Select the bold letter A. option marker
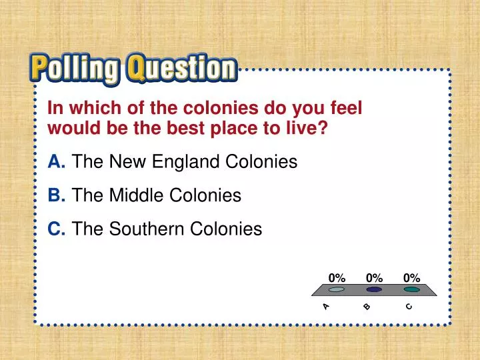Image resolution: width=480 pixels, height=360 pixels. click(56, 162)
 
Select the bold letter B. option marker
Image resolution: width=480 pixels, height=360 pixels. click(56, 196)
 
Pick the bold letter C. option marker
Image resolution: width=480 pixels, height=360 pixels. click(56, 229)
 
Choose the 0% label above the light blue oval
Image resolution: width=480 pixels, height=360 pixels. click(337, 277)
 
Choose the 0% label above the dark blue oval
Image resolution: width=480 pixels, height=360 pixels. click(374, 277)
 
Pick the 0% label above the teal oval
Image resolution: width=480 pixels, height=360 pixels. click(411, 277)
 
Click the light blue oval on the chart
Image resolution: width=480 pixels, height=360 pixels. click(337, 290)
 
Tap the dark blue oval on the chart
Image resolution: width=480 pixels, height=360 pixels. click(374, 290)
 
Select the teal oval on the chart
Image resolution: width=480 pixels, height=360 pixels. click(411, 290)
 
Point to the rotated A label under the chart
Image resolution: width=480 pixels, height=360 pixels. click(326, 306)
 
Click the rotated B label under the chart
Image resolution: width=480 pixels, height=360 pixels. click(367, 307)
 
